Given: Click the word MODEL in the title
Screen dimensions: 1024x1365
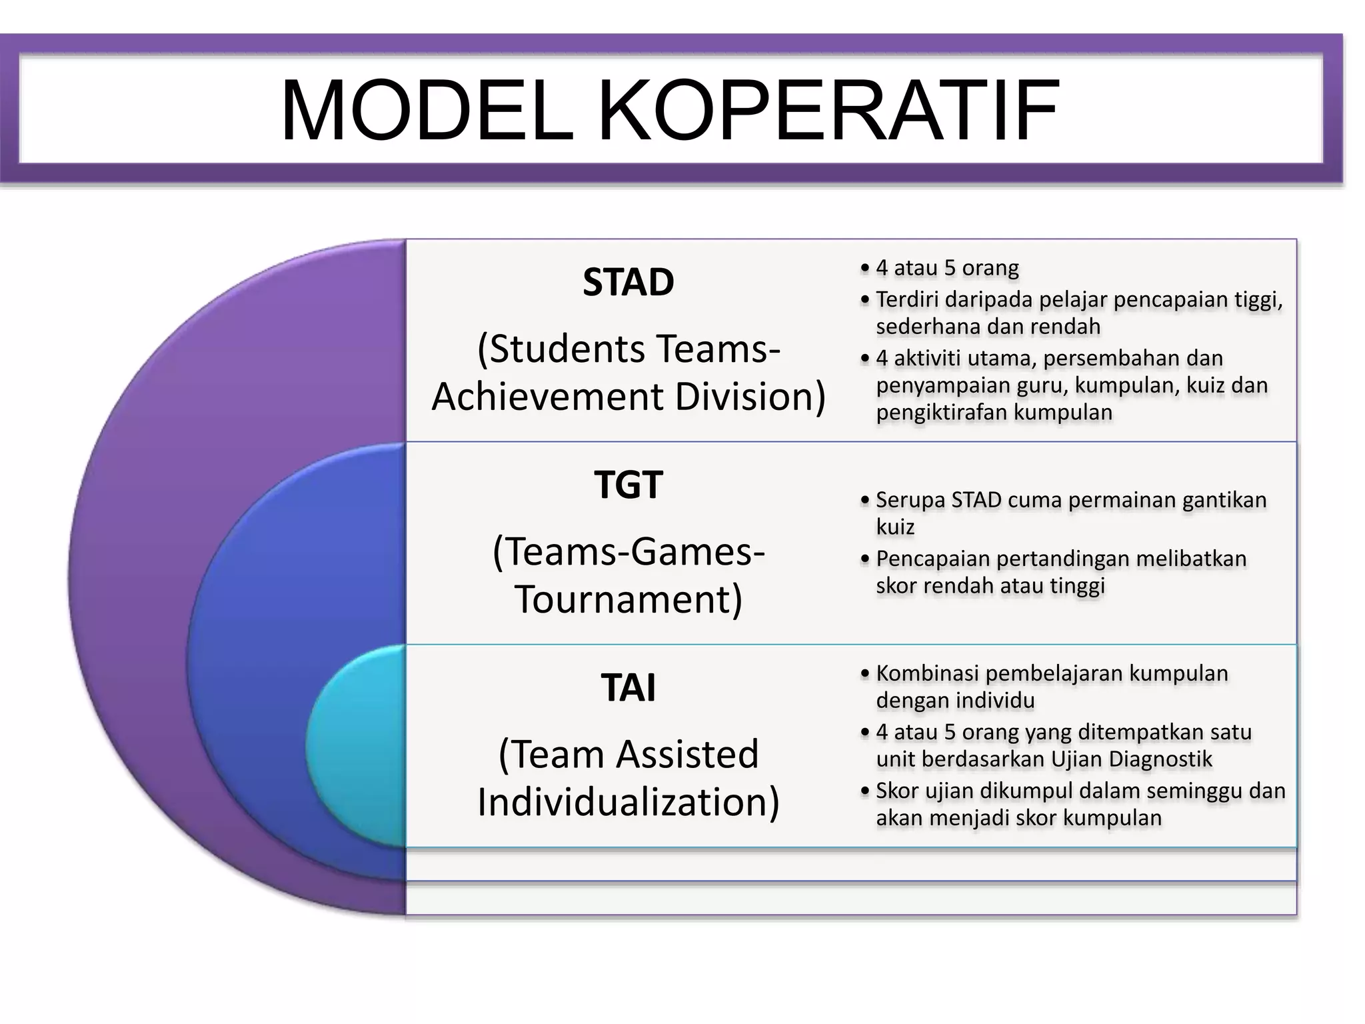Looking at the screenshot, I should click(427, 111).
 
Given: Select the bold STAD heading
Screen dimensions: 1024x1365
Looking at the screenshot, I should click(628, 282).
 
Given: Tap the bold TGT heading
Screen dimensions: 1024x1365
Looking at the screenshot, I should click(628, 485).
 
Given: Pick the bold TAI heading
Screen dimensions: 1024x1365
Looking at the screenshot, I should click(628, 687).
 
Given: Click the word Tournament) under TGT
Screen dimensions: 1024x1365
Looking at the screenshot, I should click(628, 599).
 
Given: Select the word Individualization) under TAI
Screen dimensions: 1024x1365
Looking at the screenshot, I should click(628, 801).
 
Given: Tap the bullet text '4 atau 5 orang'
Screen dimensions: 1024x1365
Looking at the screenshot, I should click(947, 268).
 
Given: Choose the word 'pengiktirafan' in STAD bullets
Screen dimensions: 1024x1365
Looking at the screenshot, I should click(942, 412).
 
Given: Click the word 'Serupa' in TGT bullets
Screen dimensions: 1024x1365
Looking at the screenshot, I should click(910, 499).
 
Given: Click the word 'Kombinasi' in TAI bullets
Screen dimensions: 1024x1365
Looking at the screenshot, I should click(928, 673).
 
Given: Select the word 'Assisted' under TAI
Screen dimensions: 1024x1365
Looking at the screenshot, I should click(687, 754).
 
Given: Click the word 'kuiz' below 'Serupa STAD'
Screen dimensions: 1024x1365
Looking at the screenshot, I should click(895, 527).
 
